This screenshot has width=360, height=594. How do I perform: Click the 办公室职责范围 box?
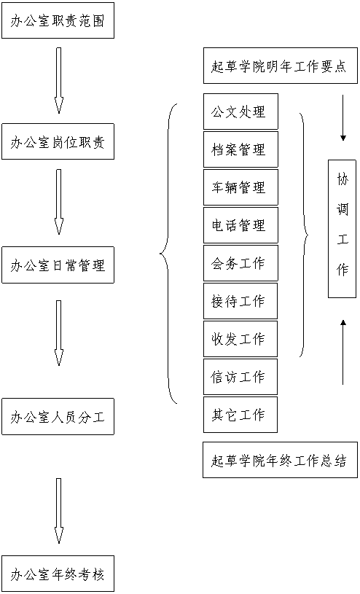tap(58, 20)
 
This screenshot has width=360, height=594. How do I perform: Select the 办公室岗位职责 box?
tap(58, 141)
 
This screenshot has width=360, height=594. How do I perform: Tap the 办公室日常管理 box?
tap(58, 265)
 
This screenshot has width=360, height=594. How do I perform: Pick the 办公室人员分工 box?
tap(58, 416)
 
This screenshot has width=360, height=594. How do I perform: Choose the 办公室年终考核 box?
tap(58, 574)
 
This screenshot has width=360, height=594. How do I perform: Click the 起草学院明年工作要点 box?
tap(281, 66)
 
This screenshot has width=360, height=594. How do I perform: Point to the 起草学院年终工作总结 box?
tap(280, 459)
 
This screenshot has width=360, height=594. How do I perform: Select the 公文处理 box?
tap(240, 112)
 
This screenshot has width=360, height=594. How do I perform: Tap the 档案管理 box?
tap(240, 149)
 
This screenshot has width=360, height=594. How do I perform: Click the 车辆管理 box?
tap(240, 187)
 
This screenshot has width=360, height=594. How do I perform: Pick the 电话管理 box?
tap(240, 225)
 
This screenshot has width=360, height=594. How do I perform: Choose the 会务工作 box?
tap(240, 263)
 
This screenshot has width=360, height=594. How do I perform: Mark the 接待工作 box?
tap(240, 301)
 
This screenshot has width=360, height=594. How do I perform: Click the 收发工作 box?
tap(240, 339)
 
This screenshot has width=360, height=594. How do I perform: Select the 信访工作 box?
tap(240, 377)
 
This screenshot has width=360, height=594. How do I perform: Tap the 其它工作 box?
tap(240, 415)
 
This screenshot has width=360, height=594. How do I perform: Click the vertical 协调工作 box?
tap(343, 229)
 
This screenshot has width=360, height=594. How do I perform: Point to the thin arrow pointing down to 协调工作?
tap(343, 118)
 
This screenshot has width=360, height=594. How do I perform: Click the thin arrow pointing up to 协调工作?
tap(343, 352)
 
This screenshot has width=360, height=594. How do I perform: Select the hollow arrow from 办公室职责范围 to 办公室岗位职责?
tap(58, 80)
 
